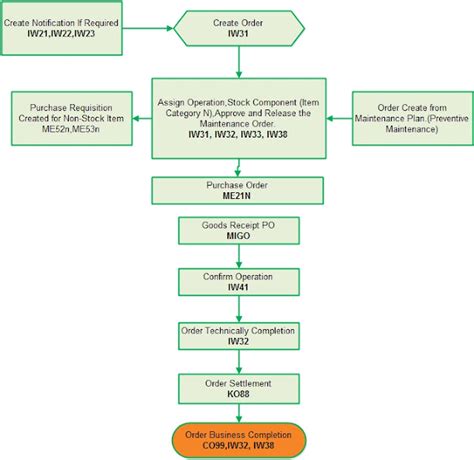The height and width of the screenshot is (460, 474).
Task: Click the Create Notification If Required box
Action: click(62, 27)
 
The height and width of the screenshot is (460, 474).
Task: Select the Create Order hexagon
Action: click(239, 27)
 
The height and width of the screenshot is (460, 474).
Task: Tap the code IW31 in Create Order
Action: click(239, 34)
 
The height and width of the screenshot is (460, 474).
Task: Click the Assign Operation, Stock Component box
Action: click(239, 116)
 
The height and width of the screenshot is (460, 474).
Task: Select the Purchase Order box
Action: click(239, 190)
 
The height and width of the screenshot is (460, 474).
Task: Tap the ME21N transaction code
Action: click(239, 197)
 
